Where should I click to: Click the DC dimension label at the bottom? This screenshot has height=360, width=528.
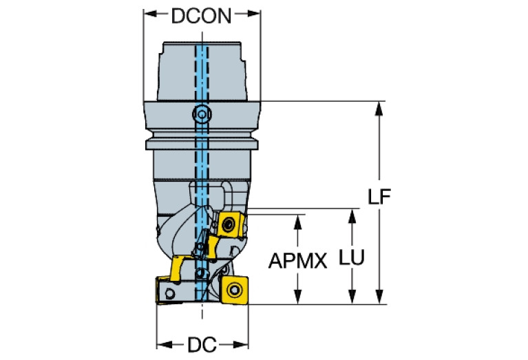click(202, 345)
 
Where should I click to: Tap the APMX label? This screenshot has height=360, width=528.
click(298, 261)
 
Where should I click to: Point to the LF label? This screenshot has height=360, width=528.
click(379, 198)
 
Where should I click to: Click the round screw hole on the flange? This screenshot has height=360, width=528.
click(201, 113)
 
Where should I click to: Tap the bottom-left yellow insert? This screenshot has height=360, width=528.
click(167, 289)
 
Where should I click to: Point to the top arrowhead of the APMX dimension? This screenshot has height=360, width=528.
click(298, 219)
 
